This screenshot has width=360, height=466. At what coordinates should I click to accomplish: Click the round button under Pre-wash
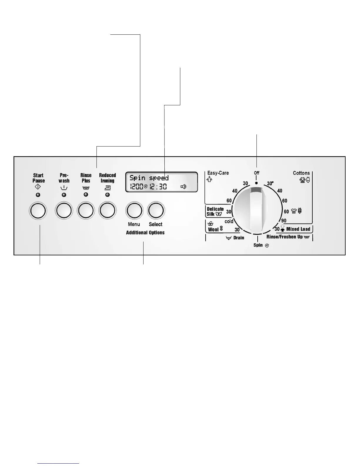pyautogui.click(x=64, y=211)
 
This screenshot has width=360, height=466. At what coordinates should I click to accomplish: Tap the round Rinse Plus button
pyautogui.click(x=86, y=211)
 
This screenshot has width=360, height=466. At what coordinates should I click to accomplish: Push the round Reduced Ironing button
pyautogui.click(x=107, y=211)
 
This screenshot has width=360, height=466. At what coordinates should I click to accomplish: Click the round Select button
pyautogui.click(x=156, y=211)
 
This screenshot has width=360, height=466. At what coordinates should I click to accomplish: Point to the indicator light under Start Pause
pyautogui.click(x=38, y=195)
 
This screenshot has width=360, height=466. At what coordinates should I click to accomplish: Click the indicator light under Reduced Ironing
pyautogui.click(x=107, y=195)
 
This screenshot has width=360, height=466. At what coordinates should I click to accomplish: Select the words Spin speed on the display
pyautogui.click(x=149, y=178)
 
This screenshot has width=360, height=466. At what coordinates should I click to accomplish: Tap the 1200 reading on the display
pyautogui.click(x=136, y=186)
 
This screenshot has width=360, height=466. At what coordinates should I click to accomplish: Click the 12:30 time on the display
pyautogui.click(x=158, y=186)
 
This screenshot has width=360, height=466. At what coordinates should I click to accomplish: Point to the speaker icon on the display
pyautogui.click(x=184, y=187)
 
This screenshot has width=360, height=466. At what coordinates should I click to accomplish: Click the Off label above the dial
pyautogui.click(x=257, y=173)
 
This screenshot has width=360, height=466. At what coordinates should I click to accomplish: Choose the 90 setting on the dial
pyautogui.click(x=284, y=221)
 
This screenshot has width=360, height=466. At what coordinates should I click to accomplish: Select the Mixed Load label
pyautogui.click(x=298, y=229)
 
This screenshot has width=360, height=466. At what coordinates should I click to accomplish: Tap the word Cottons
pyautogui.click(x=301, y=173)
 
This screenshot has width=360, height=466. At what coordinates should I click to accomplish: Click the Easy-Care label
pyautogui.click(x=218, y=173)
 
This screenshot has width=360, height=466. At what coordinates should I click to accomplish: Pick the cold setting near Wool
pyautogui.click(x=229, y=221)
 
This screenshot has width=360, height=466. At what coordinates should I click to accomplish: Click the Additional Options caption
pyautogui.click(x=145, y=232)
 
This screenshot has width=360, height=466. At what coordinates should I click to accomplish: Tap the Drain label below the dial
pyautogui.click(x=239, y=238)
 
